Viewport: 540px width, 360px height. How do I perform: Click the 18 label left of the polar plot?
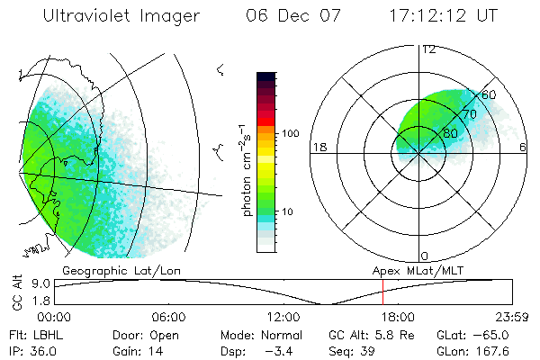318,147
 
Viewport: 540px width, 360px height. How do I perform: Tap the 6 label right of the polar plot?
524,147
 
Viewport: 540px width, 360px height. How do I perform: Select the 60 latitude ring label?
490,94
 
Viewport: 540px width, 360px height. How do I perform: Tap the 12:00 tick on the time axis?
282,317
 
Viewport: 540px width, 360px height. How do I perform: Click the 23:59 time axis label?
510,317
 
